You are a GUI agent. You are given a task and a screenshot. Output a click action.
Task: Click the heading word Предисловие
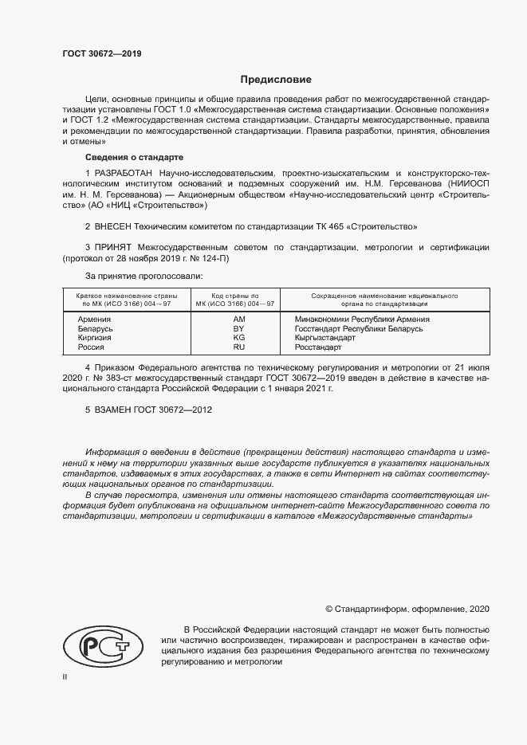tap(276, 80)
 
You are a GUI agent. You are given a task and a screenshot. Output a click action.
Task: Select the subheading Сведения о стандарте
tap(134, 157)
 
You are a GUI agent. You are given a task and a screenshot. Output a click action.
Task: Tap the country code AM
tap(238, 319)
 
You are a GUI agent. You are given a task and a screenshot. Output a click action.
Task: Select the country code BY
tap(238, 328)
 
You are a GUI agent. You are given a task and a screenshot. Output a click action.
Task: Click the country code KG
tap(238, 338)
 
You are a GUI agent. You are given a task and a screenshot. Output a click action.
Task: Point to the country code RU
tap(238, 347)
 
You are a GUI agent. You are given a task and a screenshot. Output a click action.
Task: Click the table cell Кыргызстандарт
tap(329, 338)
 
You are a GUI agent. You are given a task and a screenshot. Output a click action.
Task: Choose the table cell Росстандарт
tap(317, 347)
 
